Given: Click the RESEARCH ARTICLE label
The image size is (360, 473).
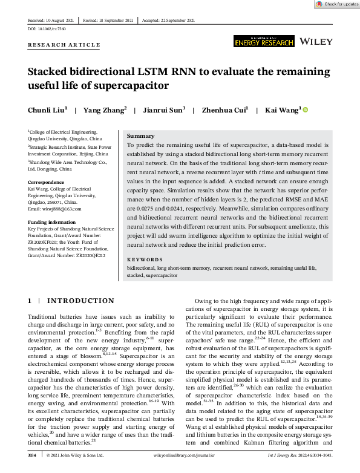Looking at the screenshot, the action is (x=64, y=45).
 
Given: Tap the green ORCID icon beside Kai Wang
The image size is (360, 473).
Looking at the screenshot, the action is (x=305, y=110).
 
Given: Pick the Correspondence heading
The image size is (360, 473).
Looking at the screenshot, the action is (x=48, y=181).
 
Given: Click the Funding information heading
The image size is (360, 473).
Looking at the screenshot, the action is (x=53, y=223).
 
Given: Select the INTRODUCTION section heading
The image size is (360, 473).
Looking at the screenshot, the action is (x=80, y=301).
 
